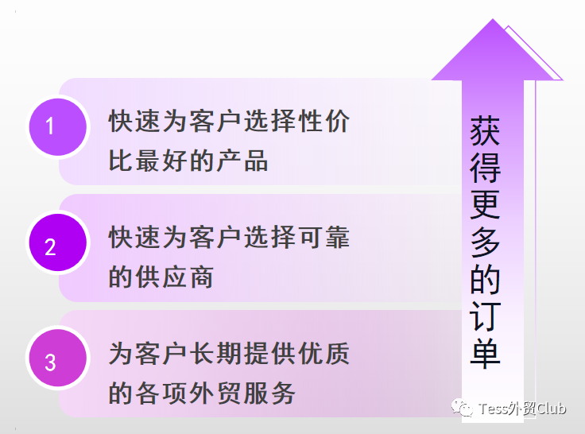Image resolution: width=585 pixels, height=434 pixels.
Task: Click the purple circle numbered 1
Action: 58,127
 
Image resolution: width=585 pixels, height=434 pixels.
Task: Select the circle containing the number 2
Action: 58,242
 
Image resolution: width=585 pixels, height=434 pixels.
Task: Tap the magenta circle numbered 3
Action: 58,358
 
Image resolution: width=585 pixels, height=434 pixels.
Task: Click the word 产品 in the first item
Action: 242,161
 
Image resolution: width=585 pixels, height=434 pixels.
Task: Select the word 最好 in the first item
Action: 161,161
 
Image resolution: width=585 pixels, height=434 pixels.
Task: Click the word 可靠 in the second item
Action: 323,237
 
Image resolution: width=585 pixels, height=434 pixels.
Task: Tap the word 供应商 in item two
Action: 174,277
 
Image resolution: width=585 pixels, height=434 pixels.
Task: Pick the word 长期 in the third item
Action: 215,353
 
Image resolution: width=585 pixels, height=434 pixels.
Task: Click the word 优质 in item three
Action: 323,353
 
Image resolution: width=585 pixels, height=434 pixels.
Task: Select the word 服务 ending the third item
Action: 269,393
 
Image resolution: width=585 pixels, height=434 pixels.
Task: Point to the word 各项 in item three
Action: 161,393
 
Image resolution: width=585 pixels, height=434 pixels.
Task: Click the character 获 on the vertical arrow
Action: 485,130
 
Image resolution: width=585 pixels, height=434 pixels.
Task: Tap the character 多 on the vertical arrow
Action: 485,242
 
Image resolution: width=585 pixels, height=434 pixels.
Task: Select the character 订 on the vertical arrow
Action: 485,316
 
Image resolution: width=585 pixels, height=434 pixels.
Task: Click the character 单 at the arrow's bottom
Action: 485,353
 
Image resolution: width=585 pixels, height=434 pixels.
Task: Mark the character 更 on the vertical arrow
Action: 485,205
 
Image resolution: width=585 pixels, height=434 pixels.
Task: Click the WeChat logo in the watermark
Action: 462,408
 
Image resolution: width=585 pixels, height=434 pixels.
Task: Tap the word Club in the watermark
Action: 551,409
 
